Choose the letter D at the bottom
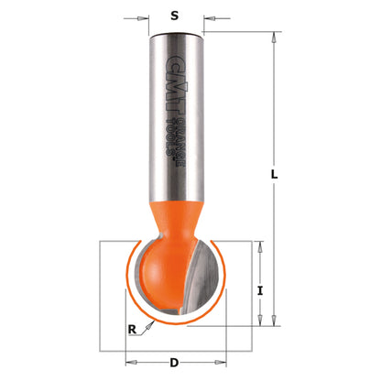click(x=174, y=363)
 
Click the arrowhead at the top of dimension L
click(x=273, y=38)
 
